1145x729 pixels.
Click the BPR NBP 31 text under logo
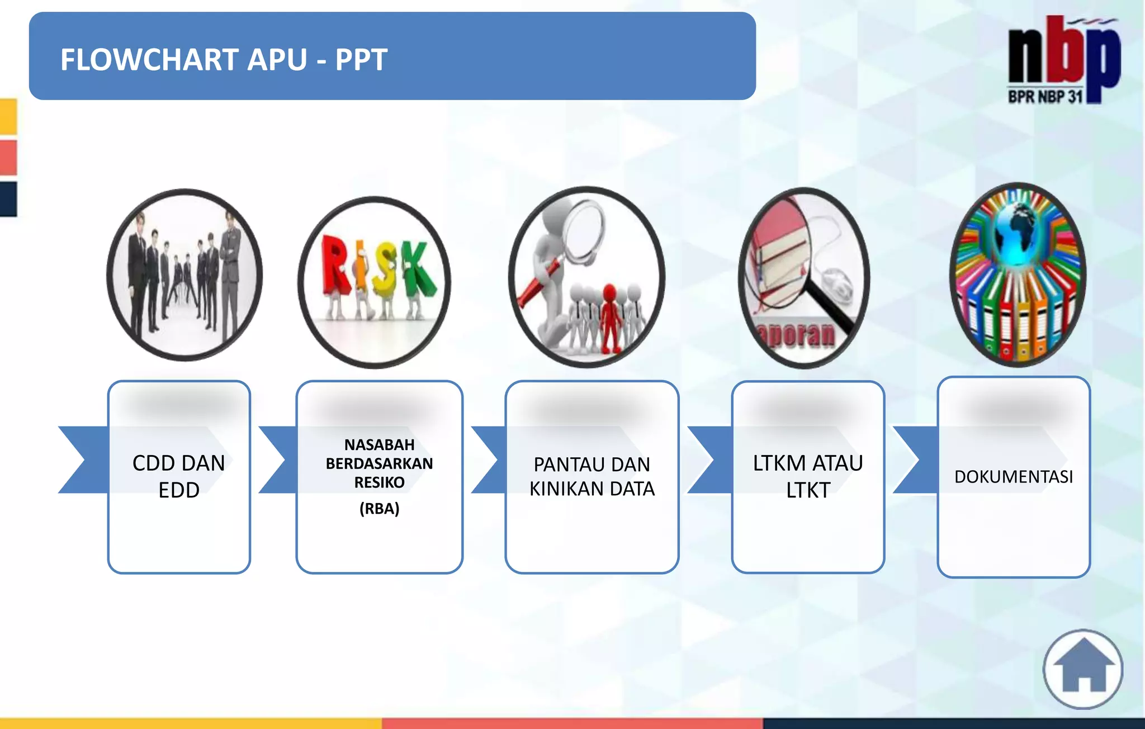(1044, 97)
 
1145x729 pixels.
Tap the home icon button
(1082, 669)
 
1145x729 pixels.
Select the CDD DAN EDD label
(179, 476)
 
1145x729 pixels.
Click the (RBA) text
(379, 509)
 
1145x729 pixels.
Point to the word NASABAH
(379, 445)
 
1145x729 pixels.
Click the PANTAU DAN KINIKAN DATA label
(592, 476)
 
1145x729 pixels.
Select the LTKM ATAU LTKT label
(807, 476)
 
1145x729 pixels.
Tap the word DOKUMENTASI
(1013, 477)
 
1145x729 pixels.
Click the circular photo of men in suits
(184, 275)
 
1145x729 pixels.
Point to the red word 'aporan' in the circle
(797, 334)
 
